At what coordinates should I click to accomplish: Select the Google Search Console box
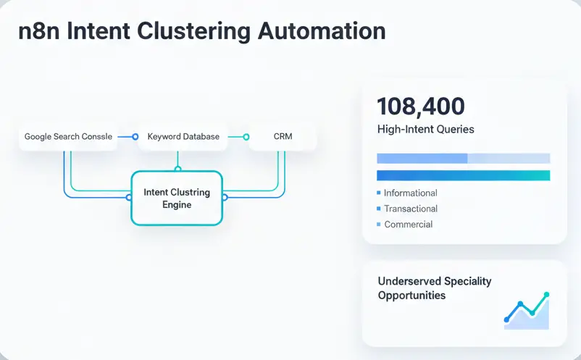[x=68, y=136]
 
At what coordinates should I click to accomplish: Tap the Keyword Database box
[x=183, y=136]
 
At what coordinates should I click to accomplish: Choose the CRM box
[x=283, y=136]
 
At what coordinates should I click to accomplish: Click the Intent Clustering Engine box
[x=177, y=198]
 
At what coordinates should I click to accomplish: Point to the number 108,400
[x=421, y=106]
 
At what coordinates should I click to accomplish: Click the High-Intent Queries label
[x=426, y=130]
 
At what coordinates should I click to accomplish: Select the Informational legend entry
[x=410, y=193]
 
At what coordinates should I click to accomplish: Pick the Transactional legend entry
[x=410, y=209]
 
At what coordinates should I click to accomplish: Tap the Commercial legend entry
[x=408, y=225]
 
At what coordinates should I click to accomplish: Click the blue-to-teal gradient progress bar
[x=464, y=175]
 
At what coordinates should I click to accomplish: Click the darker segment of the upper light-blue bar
[x=422, y=158]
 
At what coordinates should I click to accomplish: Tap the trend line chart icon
[x=527, y=311]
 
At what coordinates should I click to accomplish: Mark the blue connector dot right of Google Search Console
[x=135, y=136]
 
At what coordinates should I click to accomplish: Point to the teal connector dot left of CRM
[x=246, y=136]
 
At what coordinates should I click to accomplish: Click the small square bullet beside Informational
[x=379, y=193]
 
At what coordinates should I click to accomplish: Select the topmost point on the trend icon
[x=546, y=295]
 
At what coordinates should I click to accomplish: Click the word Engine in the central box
[x=177, y=205]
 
